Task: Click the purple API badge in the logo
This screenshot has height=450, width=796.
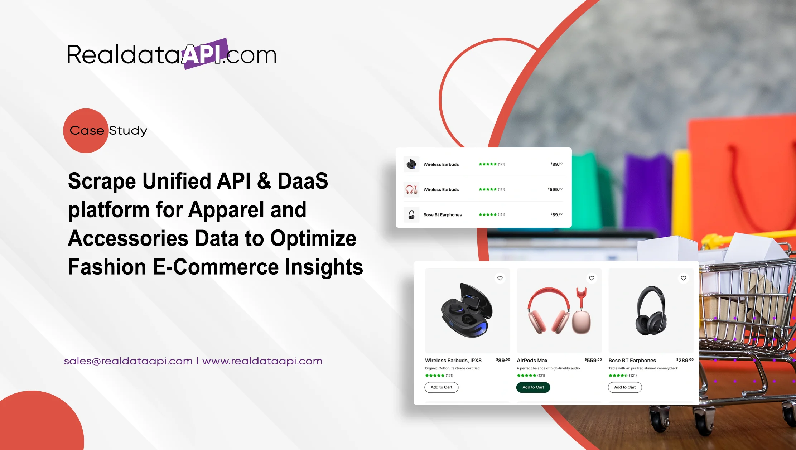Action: (205, 54)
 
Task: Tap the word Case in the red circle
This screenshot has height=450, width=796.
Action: (87, 131)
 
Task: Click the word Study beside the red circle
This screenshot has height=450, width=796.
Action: (128, 131)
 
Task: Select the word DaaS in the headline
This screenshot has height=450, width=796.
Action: (303, 181)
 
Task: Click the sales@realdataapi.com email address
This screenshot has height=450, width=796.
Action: (128, 361)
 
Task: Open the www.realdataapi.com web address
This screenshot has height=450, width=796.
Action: (262, 361)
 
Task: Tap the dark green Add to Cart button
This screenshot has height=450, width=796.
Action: (533, 387)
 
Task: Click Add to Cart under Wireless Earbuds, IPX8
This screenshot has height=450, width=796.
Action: (441, 387)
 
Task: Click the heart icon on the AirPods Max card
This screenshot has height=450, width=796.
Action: (592, 278)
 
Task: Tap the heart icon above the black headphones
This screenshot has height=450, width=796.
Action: (683, 278)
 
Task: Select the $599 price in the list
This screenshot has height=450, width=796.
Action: (555, 189)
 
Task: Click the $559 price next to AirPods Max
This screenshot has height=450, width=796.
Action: (593, 360)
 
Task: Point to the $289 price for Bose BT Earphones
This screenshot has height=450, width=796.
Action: (685, 360)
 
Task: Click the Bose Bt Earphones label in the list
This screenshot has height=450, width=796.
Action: (443, 215)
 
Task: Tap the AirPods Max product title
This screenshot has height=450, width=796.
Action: (532, 361)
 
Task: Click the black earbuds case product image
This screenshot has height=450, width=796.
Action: (467, 310)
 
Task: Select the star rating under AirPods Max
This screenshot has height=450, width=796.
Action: (526, 376)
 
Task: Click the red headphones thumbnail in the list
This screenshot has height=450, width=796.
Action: (411, 189)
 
